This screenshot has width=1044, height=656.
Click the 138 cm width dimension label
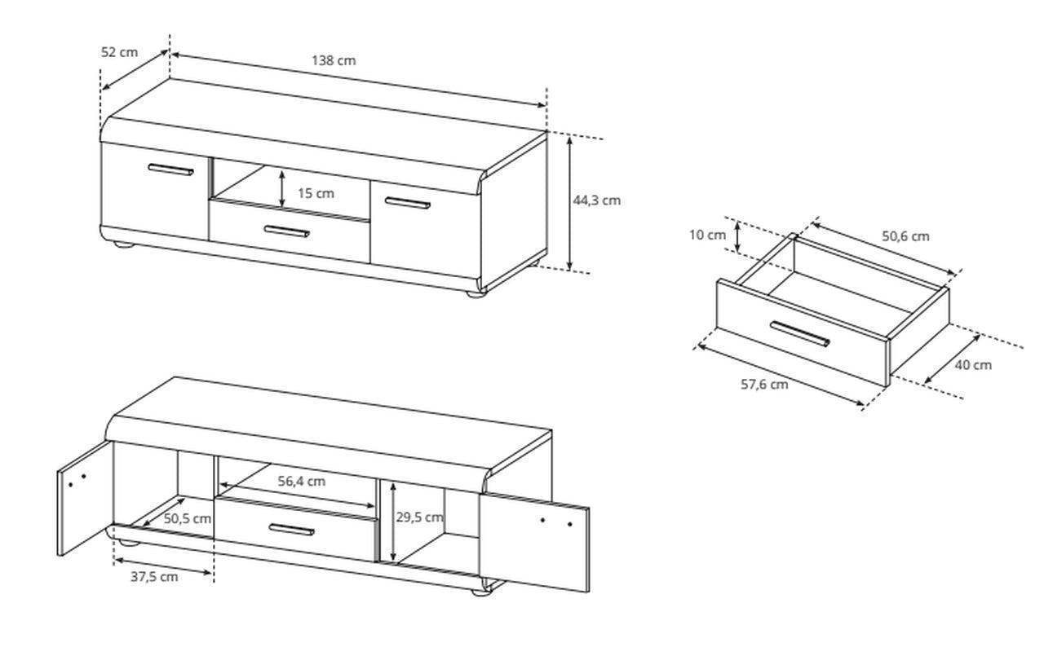[x=334, y=60]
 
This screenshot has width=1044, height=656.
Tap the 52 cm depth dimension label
[x=119, y=52]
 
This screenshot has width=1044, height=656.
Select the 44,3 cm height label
[x=596, y=200]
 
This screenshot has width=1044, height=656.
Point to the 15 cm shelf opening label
[x=316, y=193]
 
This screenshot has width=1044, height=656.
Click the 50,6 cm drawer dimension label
[x=905, y=236]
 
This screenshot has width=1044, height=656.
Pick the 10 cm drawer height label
[x=707, y=236]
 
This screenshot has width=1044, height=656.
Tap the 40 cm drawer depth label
[x=973, y=365]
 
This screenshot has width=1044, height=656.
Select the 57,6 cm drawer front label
[x=764, y=385]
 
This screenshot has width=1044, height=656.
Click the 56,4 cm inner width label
[x=302, y=482]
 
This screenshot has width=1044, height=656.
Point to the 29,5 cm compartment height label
[x=419, y=517]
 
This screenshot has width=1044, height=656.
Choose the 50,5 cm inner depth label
[x=188, y=518]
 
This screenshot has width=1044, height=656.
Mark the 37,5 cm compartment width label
[x=154, y=577]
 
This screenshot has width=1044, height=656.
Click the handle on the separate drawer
[x=800, y=334]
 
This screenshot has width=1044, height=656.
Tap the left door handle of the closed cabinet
[x=170, y=170]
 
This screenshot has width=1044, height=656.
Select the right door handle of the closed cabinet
[x=408, y=203]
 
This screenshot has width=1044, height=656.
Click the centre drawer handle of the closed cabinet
[x=286, y=231]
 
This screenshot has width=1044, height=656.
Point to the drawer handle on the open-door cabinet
[x=292, y=530]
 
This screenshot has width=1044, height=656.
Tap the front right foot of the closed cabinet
[x=476, y=294]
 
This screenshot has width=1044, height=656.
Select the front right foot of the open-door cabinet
[x=481, y=592]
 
